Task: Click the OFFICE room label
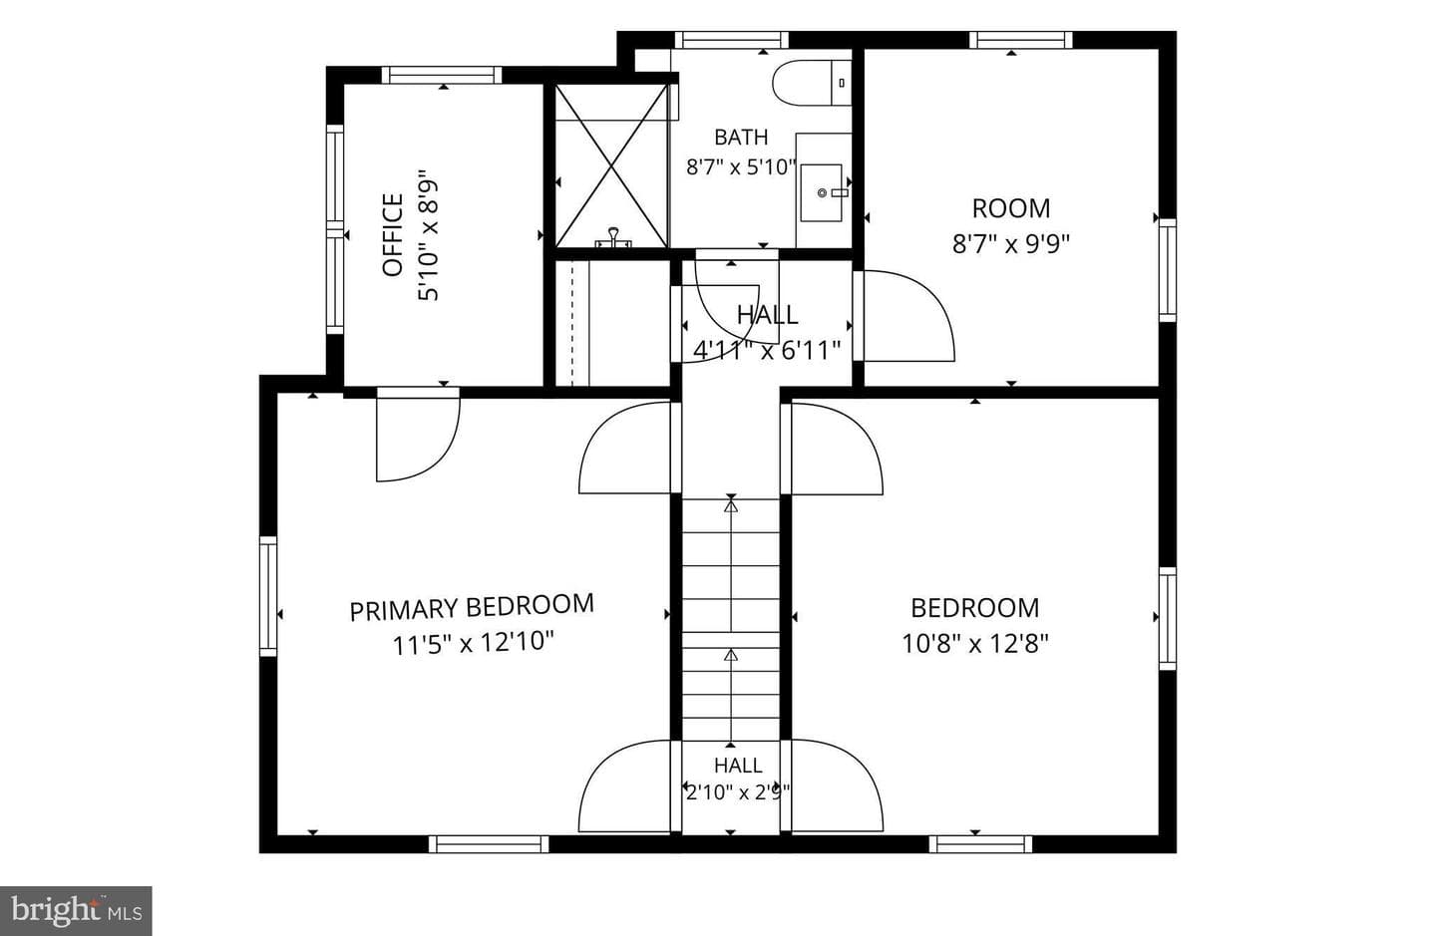392,235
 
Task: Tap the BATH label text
741,138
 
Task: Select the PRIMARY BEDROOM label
472,607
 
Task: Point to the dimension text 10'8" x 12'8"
975,643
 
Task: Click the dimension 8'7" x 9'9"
1011,244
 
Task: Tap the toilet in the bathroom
812,83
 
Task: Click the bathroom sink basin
822,192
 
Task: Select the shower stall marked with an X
611,165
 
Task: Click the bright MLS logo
76,911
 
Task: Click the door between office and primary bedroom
417,435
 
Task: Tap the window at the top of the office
442,75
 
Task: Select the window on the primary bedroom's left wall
268,596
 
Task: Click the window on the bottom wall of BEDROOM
981,844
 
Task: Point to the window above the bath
732,40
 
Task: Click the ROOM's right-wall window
1168,270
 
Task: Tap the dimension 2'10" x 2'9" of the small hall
737,793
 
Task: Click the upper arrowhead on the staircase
731,506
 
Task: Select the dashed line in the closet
571,324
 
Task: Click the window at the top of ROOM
1020,40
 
